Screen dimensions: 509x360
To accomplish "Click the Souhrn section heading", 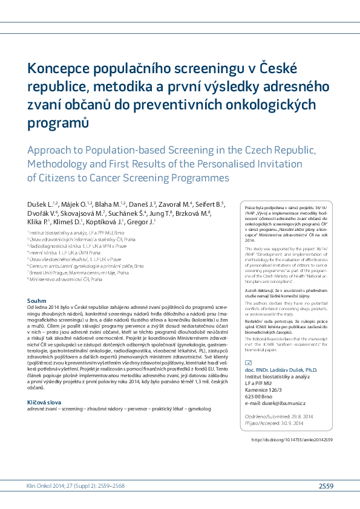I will click(38, 300).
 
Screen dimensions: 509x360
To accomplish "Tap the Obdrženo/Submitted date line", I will click(278, 401).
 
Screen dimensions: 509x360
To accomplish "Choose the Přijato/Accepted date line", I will click(276, 407).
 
